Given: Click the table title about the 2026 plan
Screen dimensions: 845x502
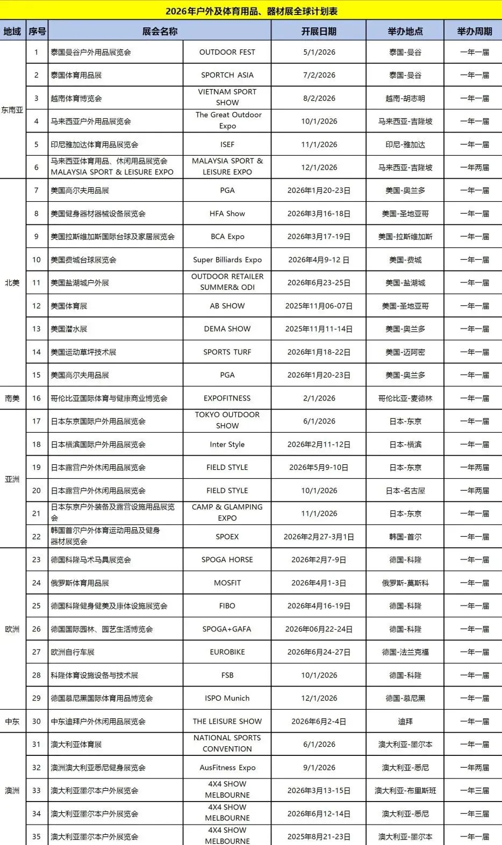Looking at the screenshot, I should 251,11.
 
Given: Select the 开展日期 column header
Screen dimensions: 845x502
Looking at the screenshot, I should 319,31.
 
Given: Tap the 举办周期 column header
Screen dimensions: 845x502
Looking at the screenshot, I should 474,31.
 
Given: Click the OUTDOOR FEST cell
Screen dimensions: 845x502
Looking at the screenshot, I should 227,52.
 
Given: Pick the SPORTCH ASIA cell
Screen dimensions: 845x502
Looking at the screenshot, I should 227,75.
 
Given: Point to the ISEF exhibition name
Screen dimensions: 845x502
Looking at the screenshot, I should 227,144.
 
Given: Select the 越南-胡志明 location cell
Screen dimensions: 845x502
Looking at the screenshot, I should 405,98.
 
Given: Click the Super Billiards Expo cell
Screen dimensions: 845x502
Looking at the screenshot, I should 227,260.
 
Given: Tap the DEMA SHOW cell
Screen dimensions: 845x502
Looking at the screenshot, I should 227,329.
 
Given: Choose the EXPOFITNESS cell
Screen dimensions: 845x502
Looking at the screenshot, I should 227,398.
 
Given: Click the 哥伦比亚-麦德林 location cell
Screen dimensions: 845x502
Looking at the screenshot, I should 405,398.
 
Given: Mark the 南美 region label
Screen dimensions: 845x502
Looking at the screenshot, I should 12,398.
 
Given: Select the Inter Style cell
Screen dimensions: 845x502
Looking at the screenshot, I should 227,445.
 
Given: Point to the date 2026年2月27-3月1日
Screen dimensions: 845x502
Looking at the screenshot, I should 319,537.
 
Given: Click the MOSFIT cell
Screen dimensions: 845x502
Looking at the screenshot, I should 227,583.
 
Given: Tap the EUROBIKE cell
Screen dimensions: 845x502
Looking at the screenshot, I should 227,652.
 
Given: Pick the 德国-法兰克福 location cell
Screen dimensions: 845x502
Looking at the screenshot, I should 405,652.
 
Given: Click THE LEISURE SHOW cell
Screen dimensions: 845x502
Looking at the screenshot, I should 227,722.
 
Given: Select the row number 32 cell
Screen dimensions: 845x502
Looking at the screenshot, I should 37,768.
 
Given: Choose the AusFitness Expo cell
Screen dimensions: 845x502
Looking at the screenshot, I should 227,768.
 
